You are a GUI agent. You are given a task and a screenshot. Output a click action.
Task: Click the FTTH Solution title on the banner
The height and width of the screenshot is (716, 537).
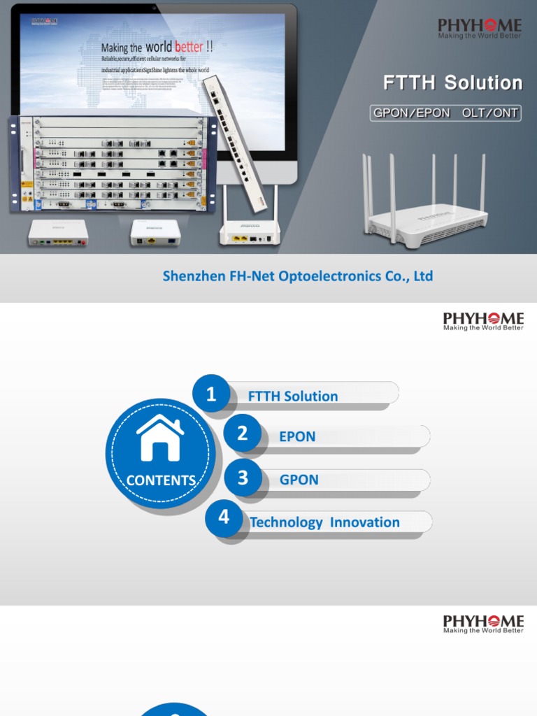452,83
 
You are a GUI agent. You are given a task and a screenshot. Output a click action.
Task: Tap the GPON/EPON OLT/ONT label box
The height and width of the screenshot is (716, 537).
445,113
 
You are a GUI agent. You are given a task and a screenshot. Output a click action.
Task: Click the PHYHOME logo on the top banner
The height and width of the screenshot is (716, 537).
480,29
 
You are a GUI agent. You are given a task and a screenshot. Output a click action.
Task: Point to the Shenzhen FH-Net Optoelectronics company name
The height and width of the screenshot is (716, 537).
298,276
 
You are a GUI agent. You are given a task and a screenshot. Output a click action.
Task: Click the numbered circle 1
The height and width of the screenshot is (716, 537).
211,395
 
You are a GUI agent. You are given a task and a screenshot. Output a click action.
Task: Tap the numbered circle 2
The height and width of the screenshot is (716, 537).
242,434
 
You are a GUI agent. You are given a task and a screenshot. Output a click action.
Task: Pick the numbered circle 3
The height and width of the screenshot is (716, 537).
243,478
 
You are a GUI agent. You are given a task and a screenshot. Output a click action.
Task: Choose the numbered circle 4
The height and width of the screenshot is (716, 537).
224,517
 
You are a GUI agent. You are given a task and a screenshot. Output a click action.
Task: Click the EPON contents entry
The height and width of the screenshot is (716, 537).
297,436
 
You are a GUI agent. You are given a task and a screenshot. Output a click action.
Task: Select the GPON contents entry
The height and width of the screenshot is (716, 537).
299,480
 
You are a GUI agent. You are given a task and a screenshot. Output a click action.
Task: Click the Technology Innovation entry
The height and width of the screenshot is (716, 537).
325,522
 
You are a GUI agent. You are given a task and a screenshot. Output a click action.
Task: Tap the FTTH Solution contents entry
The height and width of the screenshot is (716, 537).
293,396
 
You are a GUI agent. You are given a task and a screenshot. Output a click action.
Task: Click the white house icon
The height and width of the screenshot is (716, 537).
160,439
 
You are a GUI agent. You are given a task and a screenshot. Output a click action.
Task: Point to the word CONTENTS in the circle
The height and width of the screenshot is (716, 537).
161,480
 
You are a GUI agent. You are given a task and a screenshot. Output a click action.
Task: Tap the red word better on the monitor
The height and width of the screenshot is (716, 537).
189,48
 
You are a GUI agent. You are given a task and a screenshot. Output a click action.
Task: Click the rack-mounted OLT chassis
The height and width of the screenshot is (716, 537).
112,164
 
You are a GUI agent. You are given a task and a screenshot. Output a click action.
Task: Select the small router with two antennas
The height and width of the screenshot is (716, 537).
250,231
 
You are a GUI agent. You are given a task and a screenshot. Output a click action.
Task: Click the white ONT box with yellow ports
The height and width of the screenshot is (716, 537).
57,233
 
